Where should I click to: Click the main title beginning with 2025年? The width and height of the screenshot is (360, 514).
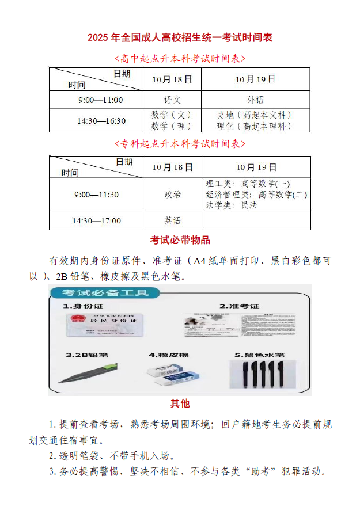(x=180, y=38)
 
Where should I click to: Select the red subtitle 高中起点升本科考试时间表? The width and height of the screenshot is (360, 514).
(x=180, y=58)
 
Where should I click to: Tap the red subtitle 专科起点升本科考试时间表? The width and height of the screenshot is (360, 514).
(x=180, y=143)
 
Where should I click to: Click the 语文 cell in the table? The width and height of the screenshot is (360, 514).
(x=172, y=100)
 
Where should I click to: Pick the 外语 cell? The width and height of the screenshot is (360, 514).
(x=255, y=100)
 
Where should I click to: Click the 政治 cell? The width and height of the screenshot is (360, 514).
(x=172, y=195)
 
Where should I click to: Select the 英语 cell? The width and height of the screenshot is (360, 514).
(x=172, y=220)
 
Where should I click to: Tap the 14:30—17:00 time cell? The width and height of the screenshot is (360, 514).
(x=96, y=220)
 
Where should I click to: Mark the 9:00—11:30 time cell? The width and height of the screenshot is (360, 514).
(x=96, y=195)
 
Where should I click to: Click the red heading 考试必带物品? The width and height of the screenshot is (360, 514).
(x=180, y=240)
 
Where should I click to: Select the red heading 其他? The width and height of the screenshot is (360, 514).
(x=180, y=403)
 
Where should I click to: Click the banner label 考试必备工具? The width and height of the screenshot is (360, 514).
(x=104, y=293)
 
